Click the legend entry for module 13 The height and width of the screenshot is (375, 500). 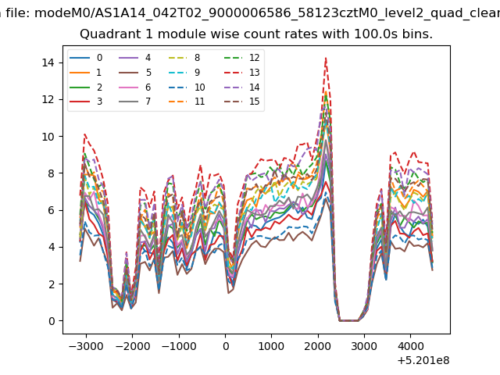click(241, 73)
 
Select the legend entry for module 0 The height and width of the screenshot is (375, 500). click(86, 58)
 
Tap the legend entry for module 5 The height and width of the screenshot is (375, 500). click(135, 73)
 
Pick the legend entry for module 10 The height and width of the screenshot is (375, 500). click(187, 87)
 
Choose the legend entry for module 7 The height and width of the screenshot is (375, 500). click(135, 102)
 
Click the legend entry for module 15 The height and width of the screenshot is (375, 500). click(241, 102)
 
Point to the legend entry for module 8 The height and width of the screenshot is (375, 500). click(184, 58)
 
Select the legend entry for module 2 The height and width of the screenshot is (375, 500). click(86, 87)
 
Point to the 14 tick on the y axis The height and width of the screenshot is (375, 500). click(48, 62)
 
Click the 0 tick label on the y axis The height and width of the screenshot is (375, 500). click(52, 321)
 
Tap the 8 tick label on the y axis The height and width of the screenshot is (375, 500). click(52, 173)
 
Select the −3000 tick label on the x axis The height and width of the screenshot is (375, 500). click(86, 346)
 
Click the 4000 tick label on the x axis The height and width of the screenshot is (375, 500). click(410, 346)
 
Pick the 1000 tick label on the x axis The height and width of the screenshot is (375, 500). click(271, 346)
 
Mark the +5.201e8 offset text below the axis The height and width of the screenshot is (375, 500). click(423, 360)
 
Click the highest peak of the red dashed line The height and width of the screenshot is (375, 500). click(326, 58)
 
